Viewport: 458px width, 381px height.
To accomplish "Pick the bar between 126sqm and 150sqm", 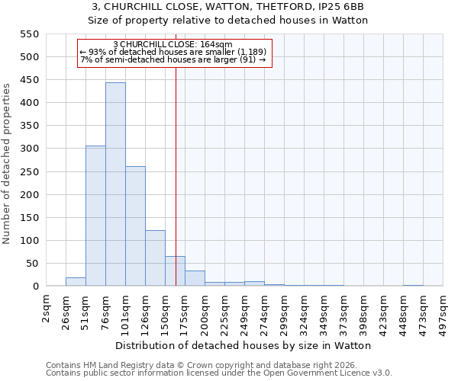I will (155, 258).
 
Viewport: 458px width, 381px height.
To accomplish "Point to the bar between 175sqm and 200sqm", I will (195, 279).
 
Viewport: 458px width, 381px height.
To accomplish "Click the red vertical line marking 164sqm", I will (176, 168).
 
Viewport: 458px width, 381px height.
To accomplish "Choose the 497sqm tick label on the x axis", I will (443, 311).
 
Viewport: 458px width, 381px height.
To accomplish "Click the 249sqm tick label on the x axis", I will (244, 311).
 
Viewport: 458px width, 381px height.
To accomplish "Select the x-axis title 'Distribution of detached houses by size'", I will (210, 345).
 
